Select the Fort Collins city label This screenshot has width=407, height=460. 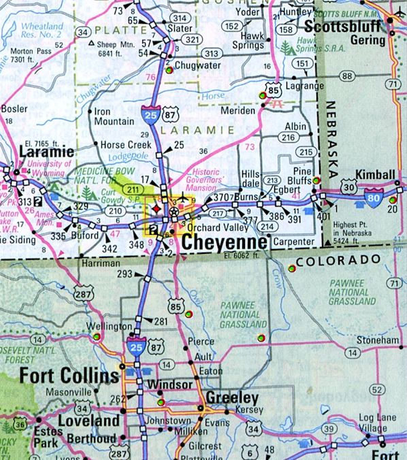(59, 376)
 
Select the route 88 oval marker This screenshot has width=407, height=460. (348, 76)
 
